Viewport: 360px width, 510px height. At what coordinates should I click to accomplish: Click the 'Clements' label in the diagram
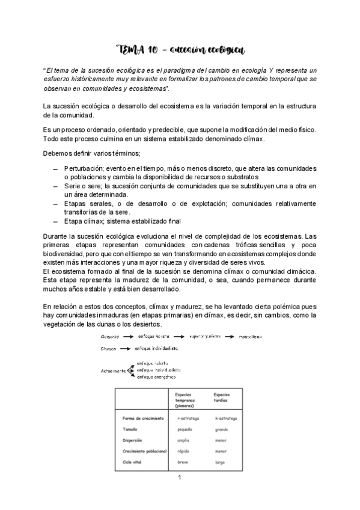point(110,336)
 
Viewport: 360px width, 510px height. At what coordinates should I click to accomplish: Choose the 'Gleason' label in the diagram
point(109,349)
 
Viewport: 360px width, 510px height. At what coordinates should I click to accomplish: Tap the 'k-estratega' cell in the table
point(227,419)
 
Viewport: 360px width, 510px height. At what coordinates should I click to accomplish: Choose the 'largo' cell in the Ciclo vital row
point(220,462)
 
